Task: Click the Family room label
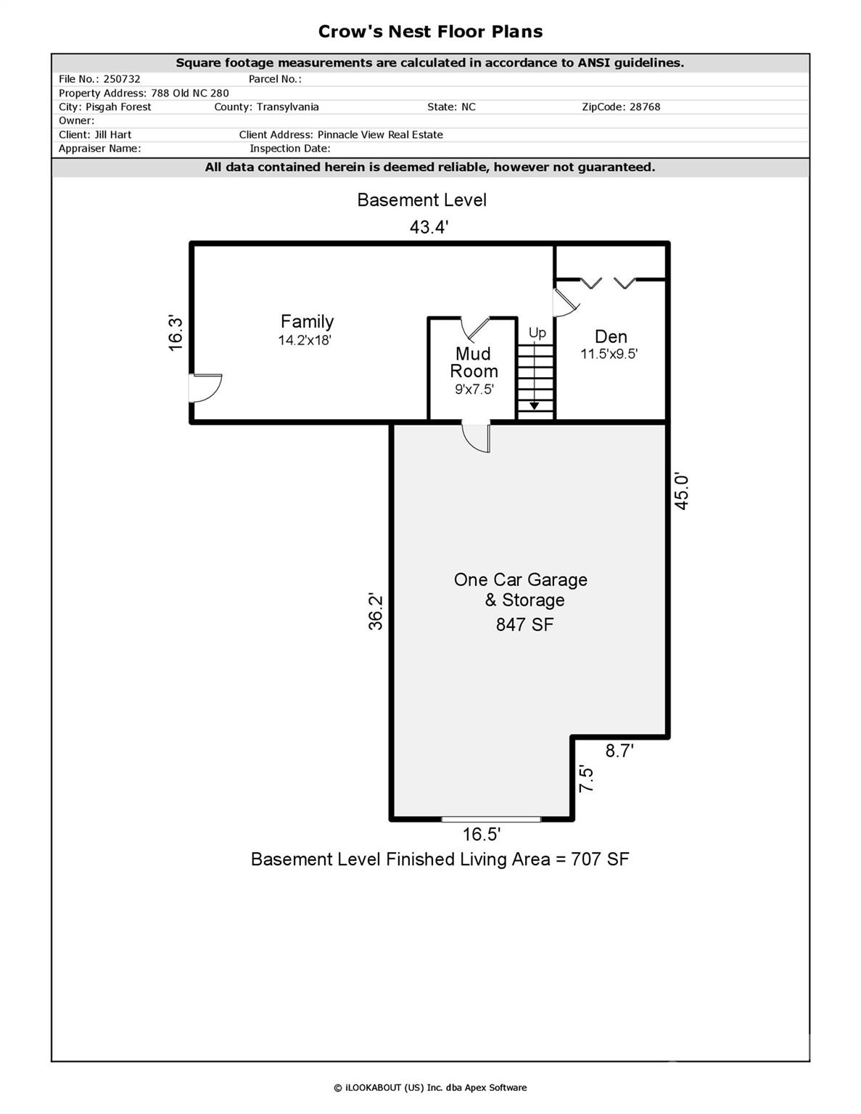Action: click(307, 321)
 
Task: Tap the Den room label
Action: click(611, 337)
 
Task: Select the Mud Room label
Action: click(474, 362)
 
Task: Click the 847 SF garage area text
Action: click(524, 624)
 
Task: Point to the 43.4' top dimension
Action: click(429, 226)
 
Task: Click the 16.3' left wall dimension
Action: click(176, 333)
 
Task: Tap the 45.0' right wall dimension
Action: click(681, 491)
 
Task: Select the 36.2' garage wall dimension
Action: click(375, 611)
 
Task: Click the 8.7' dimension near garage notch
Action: click(619, 751)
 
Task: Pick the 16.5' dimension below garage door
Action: click(481, 835)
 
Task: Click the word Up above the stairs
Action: click(537, 333)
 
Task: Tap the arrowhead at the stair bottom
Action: click(535, 405)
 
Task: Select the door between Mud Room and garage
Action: click(476, 438)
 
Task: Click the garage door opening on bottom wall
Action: click(491, 820)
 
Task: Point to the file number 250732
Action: click(121, 79)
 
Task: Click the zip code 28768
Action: click(645, 107)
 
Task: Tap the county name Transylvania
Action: click(287, 107)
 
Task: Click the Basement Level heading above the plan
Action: click(421, 200)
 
